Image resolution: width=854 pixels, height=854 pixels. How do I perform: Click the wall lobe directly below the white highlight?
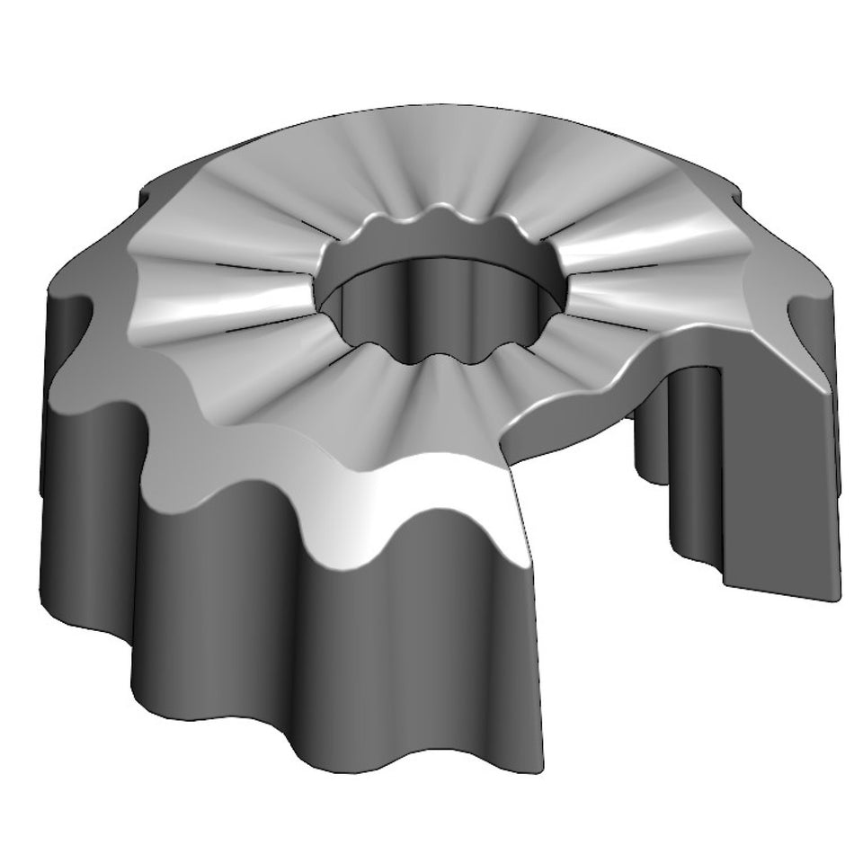point(423,647)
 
